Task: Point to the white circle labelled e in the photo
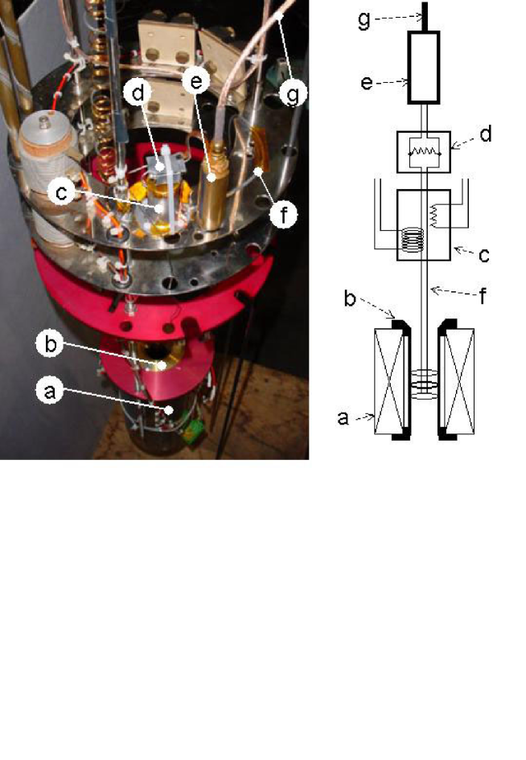click(x=196, y=81)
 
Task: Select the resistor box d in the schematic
click(x=424, y=150)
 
